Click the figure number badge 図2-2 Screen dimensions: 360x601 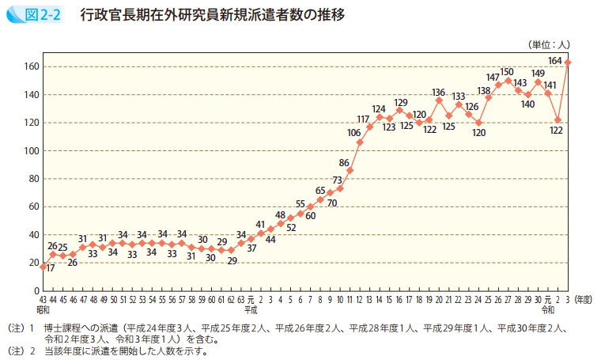pyautogui.click(x=35, y=15)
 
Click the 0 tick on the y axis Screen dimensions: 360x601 pyautogui.click(x=35, y=290)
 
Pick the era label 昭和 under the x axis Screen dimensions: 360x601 pyautogui.click(x=43, y=309)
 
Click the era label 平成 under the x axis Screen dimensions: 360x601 pyautogui.click(x=251, y=309)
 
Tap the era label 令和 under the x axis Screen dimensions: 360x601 pyautogui.click(x=548, y=309)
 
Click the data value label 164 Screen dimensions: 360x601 pyautogui.click(x=555, y=60)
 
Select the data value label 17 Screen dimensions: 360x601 pyautogui.click(x=50, y=268)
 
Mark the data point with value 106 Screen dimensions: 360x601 pyautogui.click(x=360, y=142)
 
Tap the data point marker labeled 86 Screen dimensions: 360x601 pyautogui.click(x=350, y=170)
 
